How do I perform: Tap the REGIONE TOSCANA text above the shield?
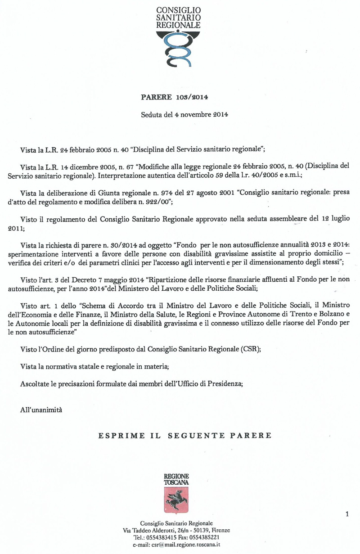[176, 479]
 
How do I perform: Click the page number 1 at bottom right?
[347, 513]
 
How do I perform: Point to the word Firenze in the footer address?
[220, 531]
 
